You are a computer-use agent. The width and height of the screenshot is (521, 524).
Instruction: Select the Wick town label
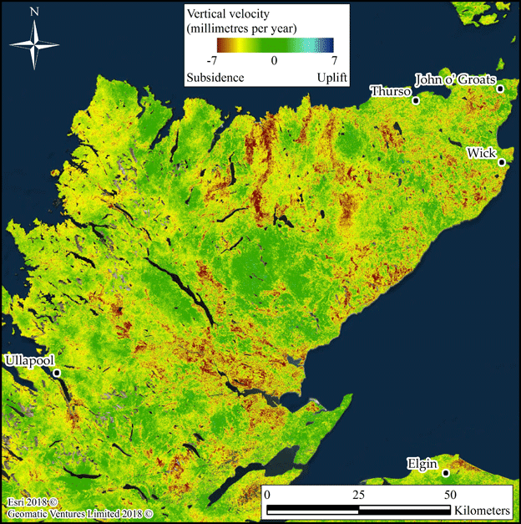click(482, 153)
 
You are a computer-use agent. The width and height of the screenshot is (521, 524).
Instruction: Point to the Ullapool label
click(28, 360)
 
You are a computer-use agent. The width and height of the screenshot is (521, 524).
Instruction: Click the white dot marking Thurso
click(416, 99)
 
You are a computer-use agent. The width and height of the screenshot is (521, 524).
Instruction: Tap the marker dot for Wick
click(502, 162)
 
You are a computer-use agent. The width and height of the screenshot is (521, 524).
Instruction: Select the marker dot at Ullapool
click(57, 373)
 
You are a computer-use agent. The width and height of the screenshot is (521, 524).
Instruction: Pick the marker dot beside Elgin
click(446, 473)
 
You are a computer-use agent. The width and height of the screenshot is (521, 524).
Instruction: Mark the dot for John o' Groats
click(500, 89)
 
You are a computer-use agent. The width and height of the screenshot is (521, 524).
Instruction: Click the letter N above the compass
click(33, 12)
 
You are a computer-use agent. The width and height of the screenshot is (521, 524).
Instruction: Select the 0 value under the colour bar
click(273, 61)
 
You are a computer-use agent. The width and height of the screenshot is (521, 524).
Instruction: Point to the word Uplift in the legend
click(330, 77)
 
